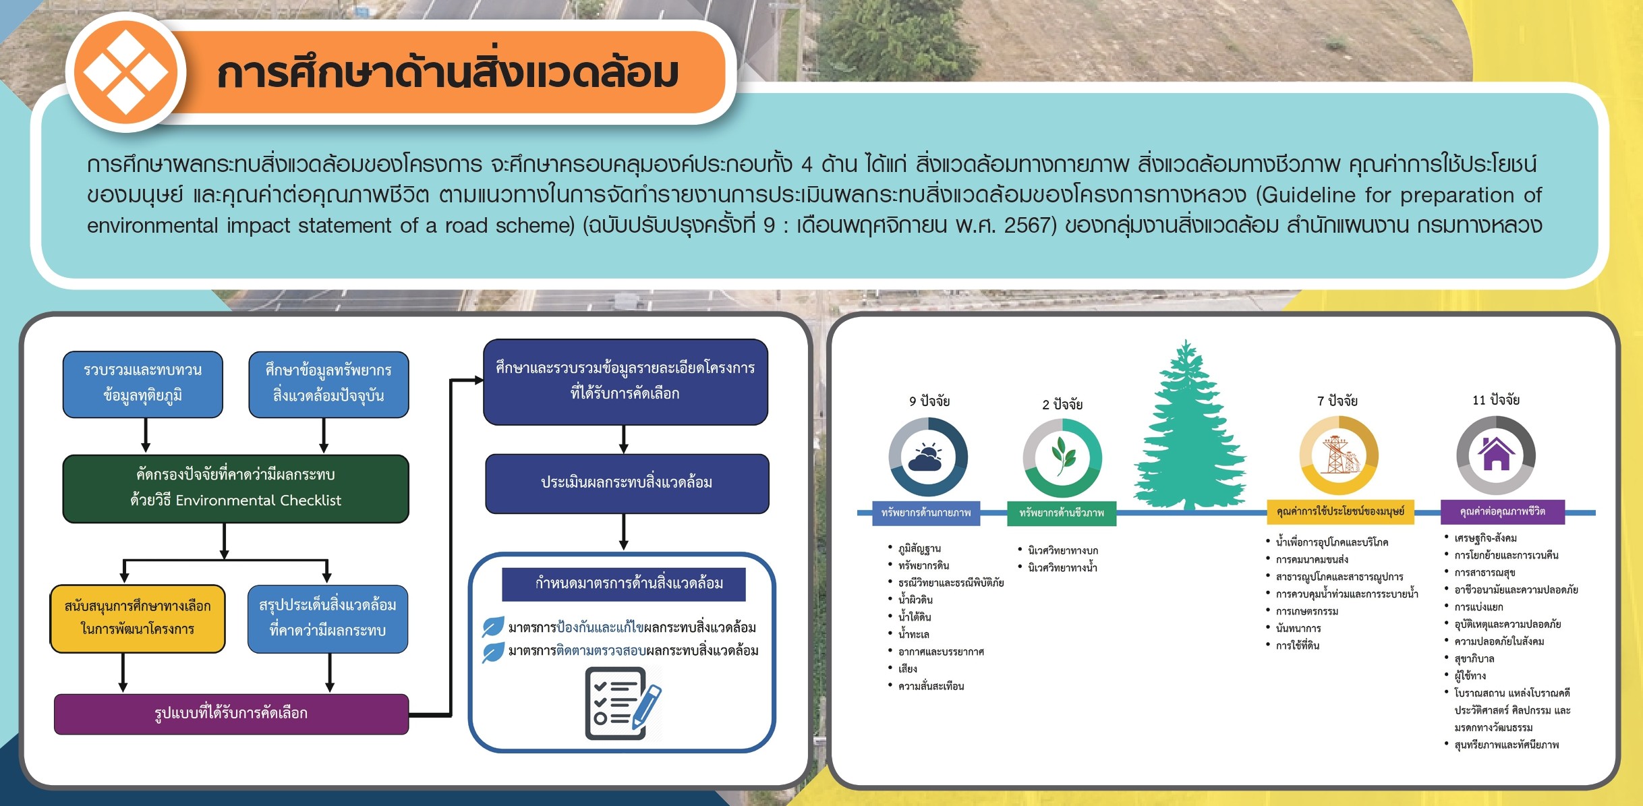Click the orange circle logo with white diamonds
pyautogui.click(x=126, y=71)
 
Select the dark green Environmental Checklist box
pyautogui.click(x=236, y=488)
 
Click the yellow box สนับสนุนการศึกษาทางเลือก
pyautogui.click(x=138, y=618)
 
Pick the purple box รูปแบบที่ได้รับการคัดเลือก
pyautogui.click(x=231, y=714)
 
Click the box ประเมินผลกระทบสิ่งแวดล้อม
pyautogui.click(x=627, y=483)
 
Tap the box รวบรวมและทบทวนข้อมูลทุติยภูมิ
pyautogui.click(x=143, y=384)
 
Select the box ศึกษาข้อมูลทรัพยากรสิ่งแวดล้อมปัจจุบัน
pyautogui.click(x=328, y=384)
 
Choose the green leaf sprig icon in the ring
pyautogui.click(x=1062, y=455)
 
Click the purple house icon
pyautogui.click(x=1496, y=453)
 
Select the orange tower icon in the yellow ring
pyautogui.click(x=1339, y=455)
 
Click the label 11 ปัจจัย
pyautogui.click(x=1496, y=400)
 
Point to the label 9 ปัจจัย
pyautogui.click(x=929, y=401)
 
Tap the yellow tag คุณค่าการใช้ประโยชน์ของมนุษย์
pyautogui.click(x=1340, y=511)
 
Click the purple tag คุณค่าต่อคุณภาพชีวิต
pyautogui.click(x=1502, y=511)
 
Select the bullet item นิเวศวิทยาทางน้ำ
pyautogui.click(x=1062, y=568)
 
